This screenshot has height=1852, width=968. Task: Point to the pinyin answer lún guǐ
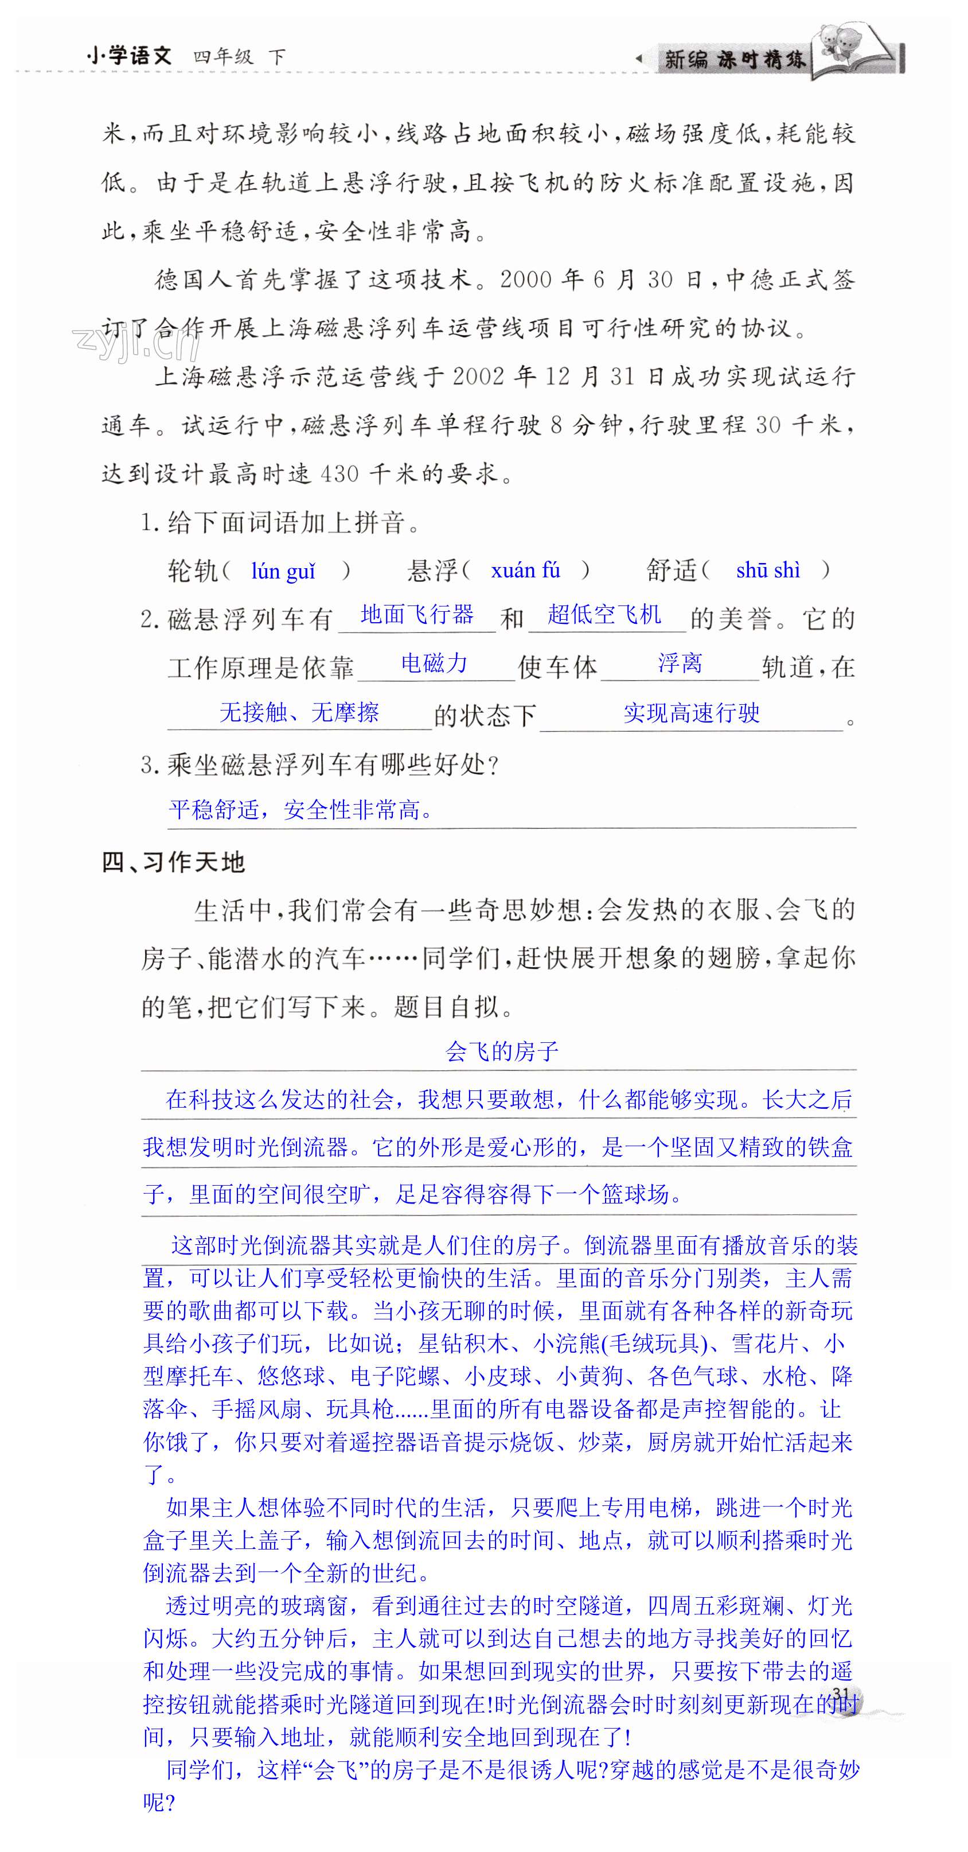[283, 571]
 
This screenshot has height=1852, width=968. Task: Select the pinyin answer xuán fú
[525, 571]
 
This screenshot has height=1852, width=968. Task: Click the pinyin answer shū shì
[767, 571]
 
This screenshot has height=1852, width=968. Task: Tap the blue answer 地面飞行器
[417, 615]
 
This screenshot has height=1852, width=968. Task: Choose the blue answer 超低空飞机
[604, 615]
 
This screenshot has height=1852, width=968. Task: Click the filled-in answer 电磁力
[434, 663]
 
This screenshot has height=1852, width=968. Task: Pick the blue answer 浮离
[680, 663]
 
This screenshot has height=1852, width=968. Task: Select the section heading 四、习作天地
[173, 862]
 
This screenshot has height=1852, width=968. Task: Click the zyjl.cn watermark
[136, 342]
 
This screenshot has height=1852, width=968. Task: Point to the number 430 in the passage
[339, 475]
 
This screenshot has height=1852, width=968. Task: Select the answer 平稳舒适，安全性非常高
[301, 810]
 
